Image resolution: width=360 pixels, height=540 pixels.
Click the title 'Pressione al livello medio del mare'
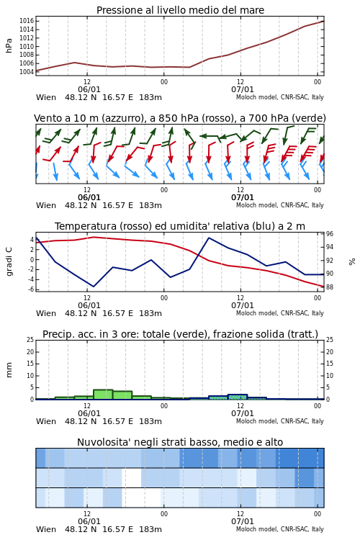[x=180, y=10]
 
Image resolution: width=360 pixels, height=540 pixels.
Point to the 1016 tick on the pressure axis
[x=27, y=21]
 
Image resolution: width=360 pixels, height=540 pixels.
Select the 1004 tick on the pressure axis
[x=27, y=71]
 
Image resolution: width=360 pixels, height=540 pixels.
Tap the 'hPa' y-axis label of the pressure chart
[x=9, y=45]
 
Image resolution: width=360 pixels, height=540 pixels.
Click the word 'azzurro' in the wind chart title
[x=122, y=119]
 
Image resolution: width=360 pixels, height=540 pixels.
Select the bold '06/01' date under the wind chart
[x=89, y=198]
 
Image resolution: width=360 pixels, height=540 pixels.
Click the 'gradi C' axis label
[x=9, y=261]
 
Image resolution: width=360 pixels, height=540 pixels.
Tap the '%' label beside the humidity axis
[x=352, y=261]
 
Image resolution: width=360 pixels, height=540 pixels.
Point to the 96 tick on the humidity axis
[x=330, y=234]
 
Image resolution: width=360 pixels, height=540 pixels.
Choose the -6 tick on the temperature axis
[x=32, y=289]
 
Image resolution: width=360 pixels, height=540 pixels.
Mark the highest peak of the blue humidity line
[x=209, y=238]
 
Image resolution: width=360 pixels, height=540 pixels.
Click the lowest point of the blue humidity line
[x=94, y=287]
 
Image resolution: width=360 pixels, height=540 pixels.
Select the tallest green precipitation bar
[x=103, y=395]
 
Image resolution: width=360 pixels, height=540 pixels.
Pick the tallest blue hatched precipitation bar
[x=238, y=397]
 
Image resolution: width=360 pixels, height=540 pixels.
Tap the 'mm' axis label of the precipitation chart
[x=9, y=370]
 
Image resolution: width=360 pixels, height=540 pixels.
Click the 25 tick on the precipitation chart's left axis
[x=30, y=340]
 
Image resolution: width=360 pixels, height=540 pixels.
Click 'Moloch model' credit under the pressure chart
[x=256, y=97]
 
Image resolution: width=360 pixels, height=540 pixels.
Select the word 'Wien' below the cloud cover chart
[x=46, y=529]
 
